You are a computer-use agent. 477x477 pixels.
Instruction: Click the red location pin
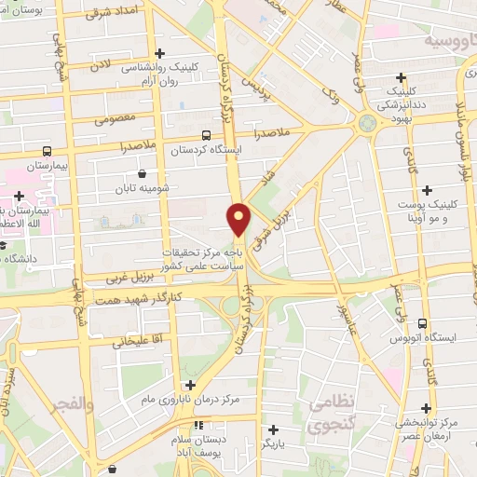239,219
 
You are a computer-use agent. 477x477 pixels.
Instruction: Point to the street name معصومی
116,120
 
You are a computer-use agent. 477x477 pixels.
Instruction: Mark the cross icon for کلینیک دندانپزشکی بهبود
402,77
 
